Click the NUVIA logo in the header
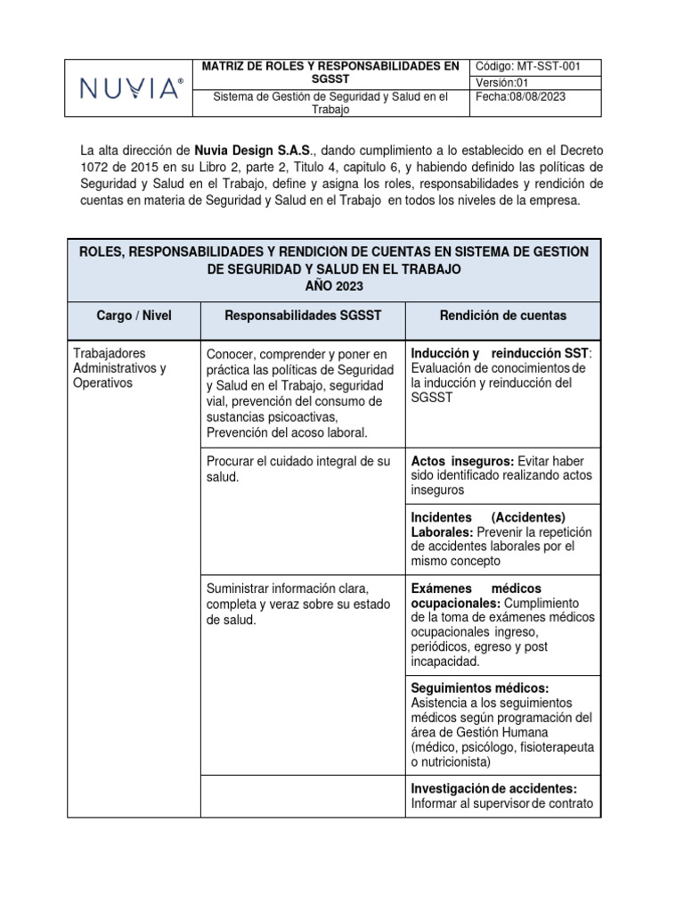pyautogui.click(x=132, y=87)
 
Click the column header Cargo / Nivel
pyautogui.click(x=134, y=316)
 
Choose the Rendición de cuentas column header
pyautogui.click(x=503, y=316)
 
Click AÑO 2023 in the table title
pyautogui.click(x=334, y=285)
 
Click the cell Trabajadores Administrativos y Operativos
pyautogui.click(x=119, y=368)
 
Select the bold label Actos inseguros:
pyautogui.click(x=461, y=461)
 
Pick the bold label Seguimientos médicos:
pyautogui.click(x=479, y=687)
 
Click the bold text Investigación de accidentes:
pyautogui.click(x=493, y=788)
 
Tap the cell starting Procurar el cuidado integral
pyautogui.click(x=297, y=469)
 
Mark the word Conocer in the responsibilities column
pyautogui.click(x=231, y=354)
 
